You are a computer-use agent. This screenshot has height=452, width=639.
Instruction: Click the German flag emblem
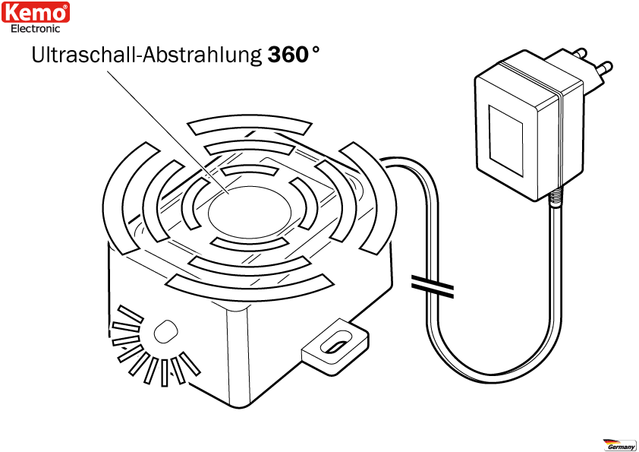tap(612, 441)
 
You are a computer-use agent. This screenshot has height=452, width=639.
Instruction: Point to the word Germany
tap(622, 447)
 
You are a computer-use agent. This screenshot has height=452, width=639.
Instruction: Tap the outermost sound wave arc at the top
tap(250, 125)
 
